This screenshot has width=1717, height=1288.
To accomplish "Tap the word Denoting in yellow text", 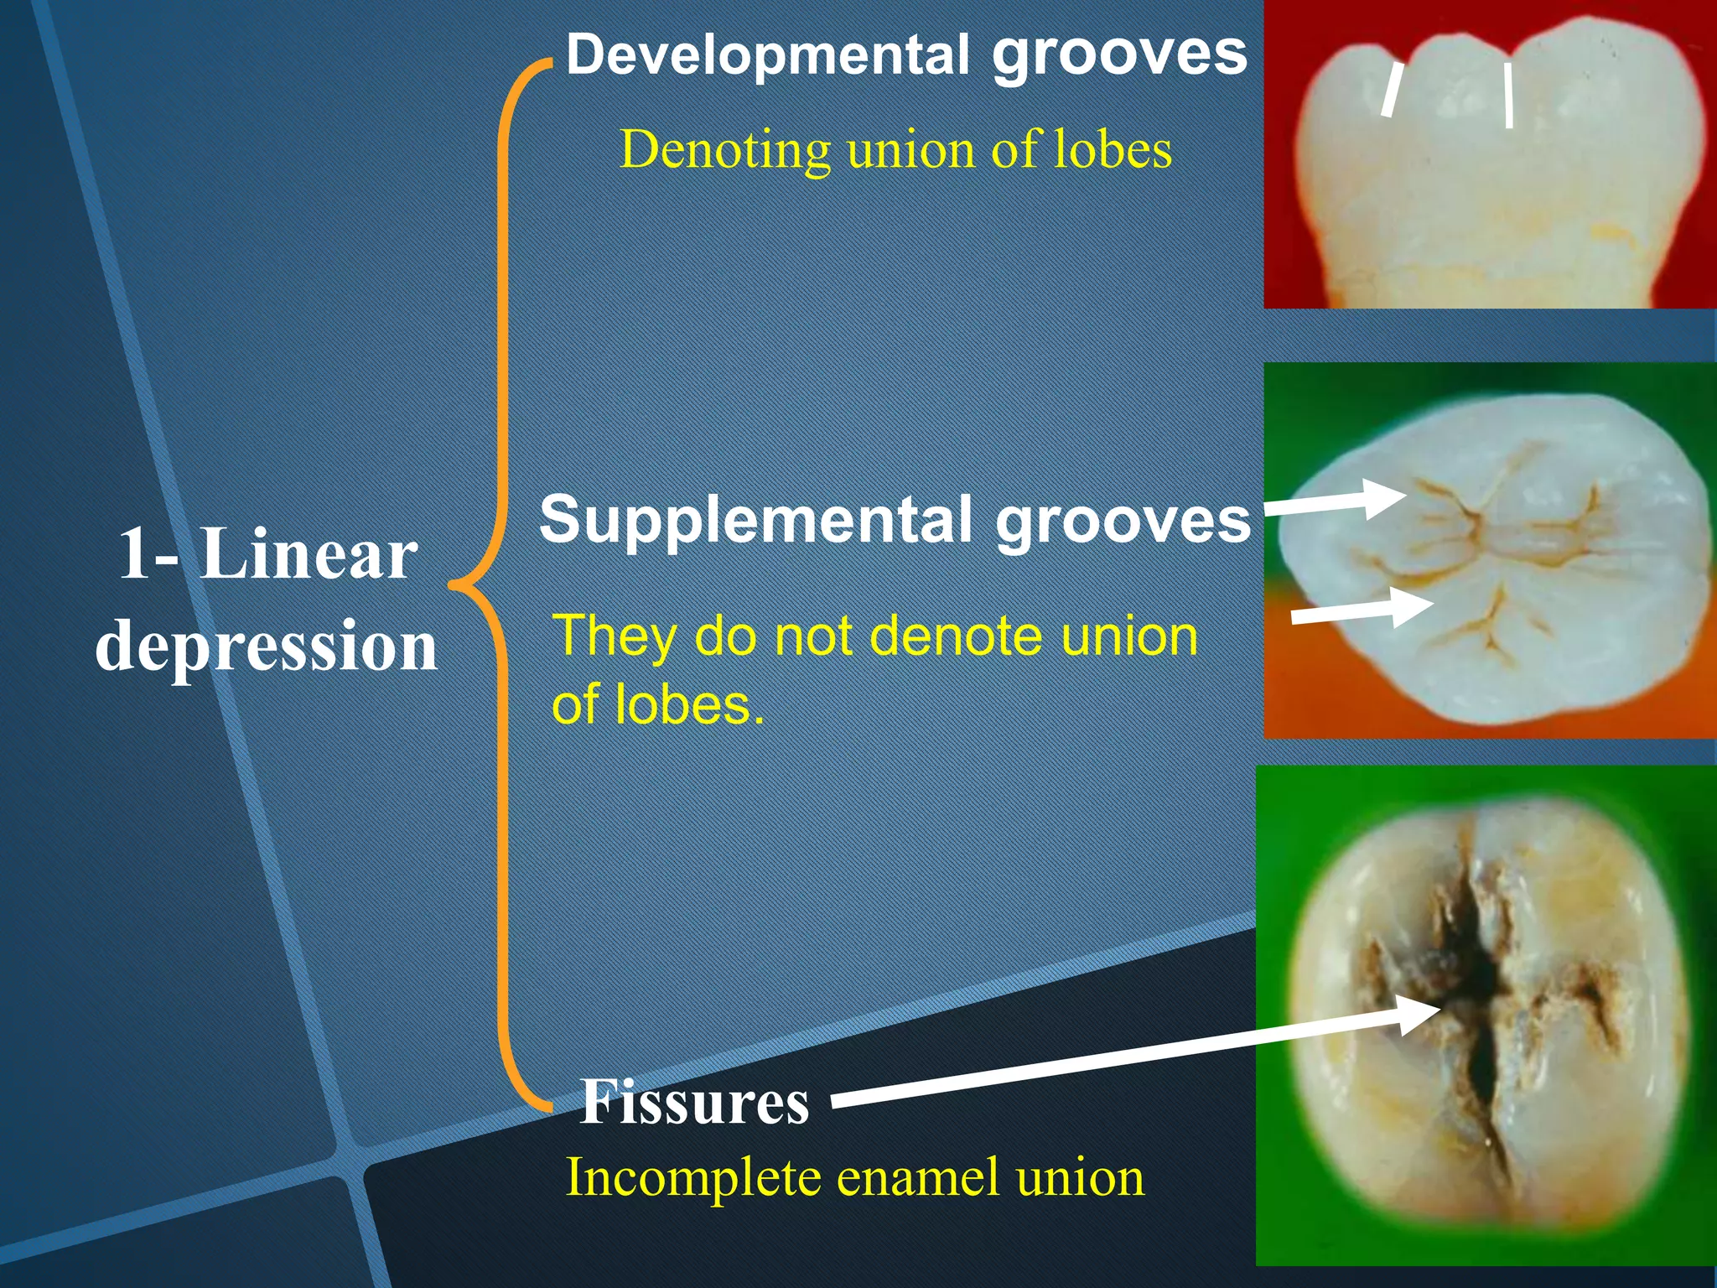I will [x=724, y=151].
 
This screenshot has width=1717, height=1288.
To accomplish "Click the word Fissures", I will [x=695, y=1102].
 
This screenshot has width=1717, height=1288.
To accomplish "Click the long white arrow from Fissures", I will [x=1132, y=1057].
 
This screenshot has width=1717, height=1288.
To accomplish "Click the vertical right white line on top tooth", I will [x=1508, y=95].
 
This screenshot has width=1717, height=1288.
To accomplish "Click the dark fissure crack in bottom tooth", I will [x=1476, y=989].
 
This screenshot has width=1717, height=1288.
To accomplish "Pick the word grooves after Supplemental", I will [x=1123, y=520].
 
